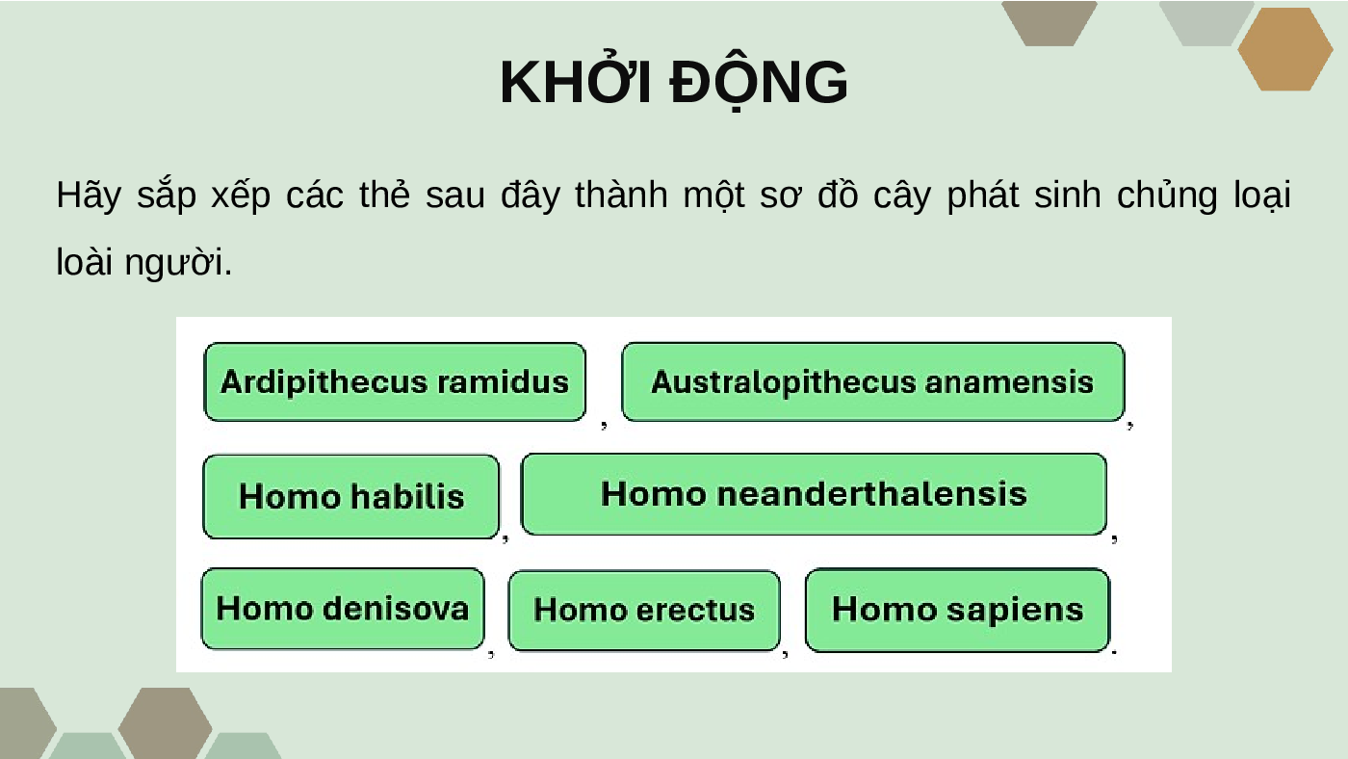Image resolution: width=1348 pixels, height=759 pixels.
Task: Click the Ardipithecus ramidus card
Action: pos(395,381)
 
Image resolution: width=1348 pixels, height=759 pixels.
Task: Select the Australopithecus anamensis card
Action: pos(873,381)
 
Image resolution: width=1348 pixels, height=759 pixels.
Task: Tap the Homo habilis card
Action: pos(350,497)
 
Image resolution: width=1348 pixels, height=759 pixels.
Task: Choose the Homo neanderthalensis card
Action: pos(814,494)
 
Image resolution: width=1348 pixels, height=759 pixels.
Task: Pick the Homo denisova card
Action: pos(343,609)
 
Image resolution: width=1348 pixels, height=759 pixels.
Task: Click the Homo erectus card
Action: pos(644,611)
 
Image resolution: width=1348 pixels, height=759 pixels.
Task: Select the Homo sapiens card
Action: pos(957,610)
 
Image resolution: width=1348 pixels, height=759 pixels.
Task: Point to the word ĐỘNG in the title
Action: pos(759,83)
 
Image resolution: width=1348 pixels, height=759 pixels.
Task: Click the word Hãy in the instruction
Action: pos(89,195)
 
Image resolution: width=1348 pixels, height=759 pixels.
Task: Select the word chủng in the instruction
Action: pos(1167,195)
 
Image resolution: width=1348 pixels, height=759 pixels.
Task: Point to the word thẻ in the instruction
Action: pos(384,194)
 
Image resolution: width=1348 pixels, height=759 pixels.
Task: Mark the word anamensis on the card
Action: pos(1009,381)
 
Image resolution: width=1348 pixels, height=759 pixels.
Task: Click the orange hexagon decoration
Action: pos(1284,49)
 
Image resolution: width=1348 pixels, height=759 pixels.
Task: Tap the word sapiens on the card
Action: pos(1015,611)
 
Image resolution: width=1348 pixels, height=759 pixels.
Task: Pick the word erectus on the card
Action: pos(695,610)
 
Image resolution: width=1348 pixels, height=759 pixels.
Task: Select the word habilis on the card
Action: pos(407,497)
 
